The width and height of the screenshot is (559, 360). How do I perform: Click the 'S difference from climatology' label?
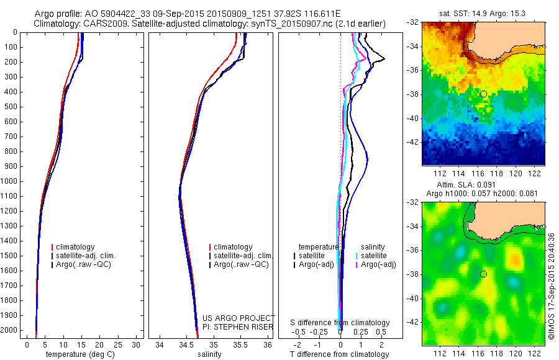pyautogui.click(x=340, y=323)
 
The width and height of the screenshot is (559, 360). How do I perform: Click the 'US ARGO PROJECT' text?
pyautogui.click(x=239, y=318)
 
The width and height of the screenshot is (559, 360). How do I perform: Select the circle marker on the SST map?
pyautogui.click(x=484, y=94)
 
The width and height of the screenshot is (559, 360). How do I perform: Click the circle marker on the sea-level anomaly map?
pyautogui.click(x=484, y=274)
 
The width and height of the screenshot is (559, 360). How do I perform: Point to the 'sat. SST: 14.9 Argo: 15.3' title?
pyautogui.click(x=484, y=14)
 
